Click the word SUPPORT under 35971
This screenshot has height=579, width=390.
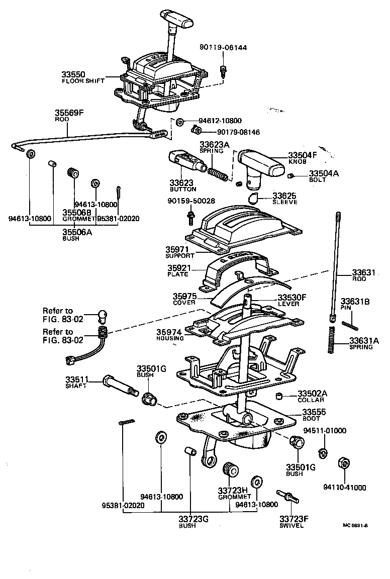point(179,256)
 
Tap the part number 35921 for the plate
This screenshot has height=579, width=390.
point(177,268)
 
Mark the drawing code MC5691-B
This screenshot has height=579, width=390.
point(355,525)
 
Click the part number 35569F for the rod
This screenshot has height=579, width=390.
point(69,113)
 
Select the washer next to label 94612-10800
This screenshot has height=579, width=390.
point(179,122)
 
